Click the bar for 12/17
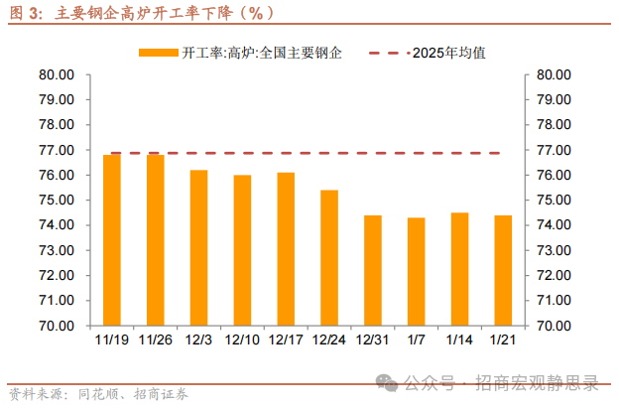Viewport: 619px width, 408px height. tap(286, 248)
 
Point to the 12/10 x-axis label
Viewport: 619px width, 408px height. tap(242, 340)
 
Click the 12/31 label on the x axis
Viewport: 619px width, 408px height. tap(372, 340)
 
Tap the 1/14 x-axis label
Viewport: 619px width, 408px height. tap(459, 340)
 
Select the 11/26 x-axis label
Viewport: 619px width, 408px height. tap(156, 340)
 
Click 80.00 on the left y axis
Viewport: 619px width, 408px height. tap(59, 75)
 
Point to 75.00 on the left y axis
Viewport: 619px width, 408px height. tap(59, 201)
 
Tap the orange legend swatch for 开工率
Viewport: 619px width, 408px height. tap(160, 52)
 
